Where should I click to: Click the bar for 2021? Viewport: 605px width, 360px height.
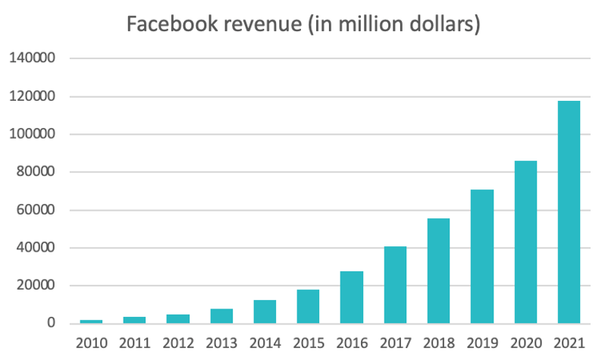tap(569, 212)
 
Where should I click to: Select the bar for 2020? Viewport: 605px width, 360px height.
tap(525, 242)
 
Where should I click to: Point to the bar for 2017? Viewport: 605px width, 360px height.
tap(395, 285)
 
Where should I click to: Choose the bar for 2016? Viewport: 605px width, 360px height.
tap(352, 297)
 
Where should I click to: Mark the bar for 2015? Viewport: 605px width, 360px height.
tap(308, 306)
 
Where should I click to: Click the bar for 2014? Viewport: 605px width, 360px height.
tap(265, 311)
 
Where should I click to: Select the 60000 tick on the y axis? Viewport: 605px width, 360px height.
tap(36, 210)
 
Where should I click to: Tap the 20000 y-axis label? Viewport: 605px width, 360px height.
tap(36, 286)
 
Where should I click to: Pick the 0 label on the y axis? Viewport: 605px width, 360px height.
tap(51, 324)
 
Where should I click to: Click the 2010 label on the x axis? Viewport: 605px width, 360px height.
tap(90, 343)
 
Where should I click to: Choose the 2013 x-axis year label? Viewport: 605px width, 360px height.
tap(221, 343)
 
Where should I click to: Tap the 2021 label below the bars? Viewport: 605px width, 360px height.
tap(569, 343)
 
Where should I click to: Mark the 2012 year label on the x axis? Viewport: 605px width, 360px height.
tap(177, 343)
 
